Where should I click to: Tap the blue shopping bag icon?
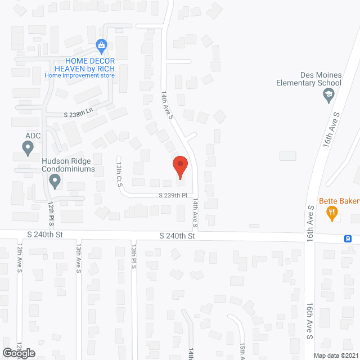(101, 44)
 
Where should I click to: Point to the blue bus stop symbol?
(349, 238)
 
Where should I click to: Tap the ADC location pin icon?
(28, 148)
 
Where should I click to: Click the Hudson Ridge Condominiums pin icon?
(55, 181)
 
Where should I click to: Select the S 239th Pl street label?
(171, 195)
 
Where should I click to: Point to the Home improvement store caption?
(80, 75)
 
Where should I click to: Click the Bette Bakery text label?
(339, 201)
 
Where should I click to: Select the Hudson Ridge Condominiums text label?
(68, 164)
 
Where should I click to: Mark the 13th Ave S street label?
(79, 259)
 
